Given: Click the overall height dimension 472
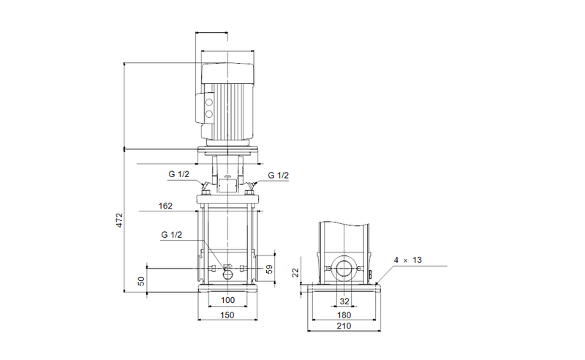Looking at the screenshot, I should click(x=120, y=221).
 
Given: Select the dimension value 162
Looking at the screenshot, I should click(x=165, y=206).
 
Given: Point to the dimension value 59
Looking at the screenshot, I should click(x=268, y=269).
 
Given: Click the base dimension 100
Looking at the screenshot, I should click(x=227, y=301).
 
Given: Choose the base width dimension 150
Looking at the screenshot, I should click(x=227, y=315).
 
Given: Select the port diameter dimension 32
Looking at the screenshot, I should click(x=344, y=301).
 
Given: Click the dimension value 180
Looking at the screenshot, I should click(x=344, y=315).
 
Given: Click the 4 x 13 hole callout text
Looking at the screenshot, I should click(x=407, y=260).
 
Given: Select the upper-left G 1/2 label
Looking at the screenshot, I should click(x=178, y=176).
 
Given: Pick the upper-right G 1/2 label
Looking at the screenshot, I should click(x=278, y=176).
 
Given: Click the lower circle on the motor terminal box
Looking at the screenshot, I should click(x=207, y=114).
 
